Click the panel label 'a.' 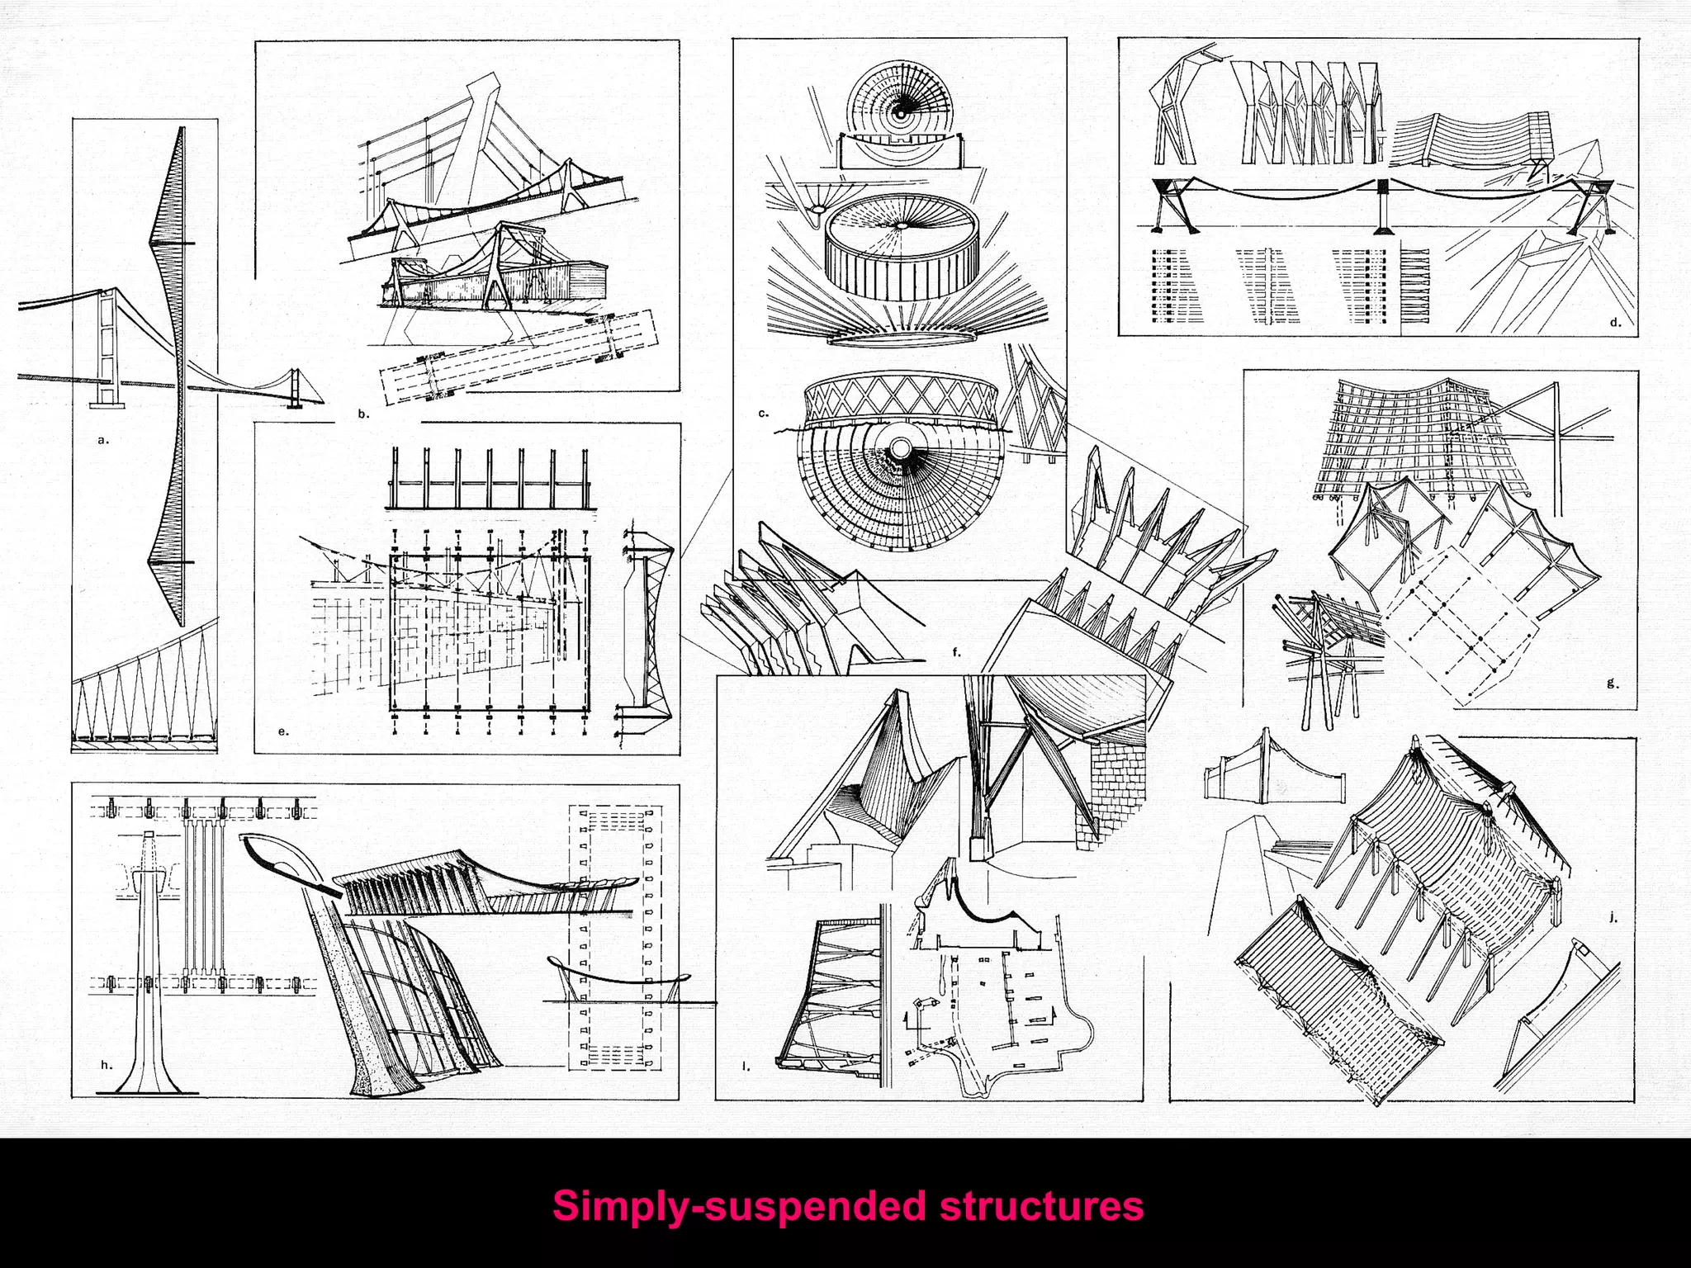(103, 441)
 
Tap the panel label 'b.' (364, 414)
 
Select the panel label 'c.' (764, 413)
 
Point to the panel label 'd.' (1616, 324)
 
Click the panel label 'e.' (283, 731)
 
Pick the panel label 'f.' (957, 652)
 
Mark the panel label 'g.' (1613, 684)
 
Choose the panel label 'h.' (106, 1065)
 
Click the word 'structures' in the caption (1041, 1206)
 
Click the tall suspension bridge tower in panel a (106, 347)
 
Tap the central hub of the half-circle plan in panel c (898, 447)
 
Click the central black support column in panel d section (1381, 205)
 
